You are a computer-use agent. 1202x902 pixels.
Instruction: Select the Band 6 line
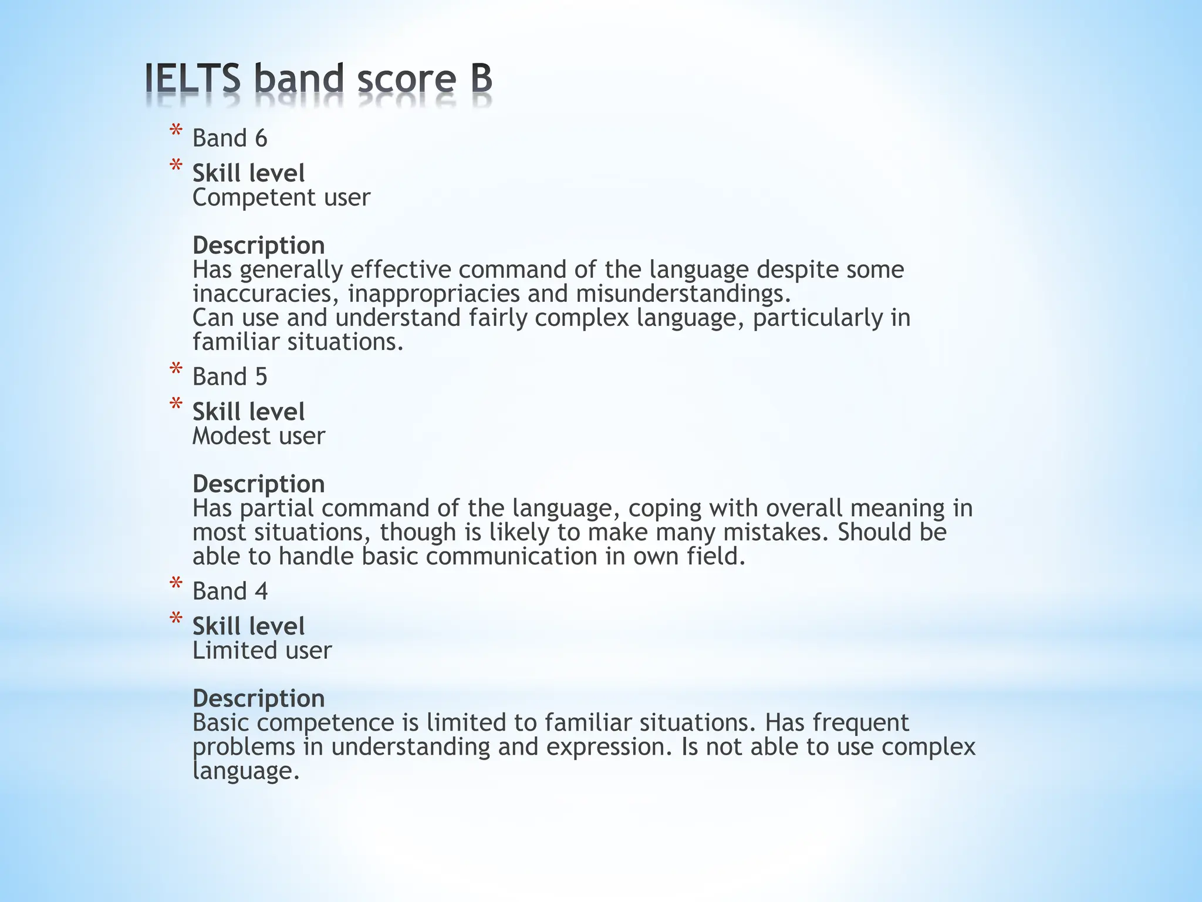[x=229, y=139]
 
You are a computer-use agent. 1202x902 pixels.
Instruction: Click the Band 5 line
[x=229, y=377]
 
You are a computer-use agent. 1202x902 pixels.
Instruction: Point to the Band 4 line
[x=229, y=591]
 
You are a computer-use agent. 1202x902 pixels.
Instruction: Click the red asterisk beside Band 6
[x=175, y=133]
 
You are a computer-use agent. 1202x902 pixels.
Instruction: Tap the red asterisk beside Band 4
[x=175, y=585]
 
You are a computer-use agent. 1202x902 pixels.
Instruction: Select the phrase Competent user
[x=281, y=198]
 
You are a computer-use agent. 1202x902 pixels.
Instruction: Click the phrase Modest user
[x=258, y=436]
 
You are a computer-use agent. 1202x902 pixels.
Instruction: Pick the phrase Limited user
[x=262, y=651]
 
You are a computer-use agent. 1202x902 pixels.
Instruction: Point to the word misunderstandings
[x=683, y=294]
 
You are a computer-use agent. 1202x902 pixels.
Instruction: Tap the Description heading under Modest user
[x=258, y=484]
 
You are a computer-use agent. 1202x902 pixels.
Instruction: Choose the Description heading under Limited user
[x=258, y=699]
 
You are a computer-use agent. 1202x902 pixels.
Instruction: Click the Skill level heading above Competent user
[x=248, y=174]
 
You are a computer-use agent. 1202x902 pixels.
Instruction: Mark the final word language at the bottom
[x=246, y=771]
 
